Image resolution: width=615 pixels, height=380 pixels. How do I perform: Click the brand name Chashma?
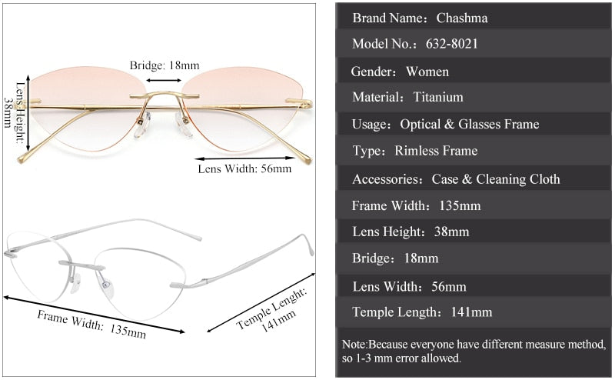pos(462,18)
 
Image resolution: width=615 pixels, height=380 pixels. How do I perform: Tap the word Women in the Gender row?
pos(427,72)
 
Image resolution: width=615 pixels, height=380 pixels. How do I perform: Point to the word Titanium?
pos(438,98)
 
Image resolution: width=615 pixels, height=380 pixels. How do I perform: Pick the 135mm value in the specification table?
pos(460,206)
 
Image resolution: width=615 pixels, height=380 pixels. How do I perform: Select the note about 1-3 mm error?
pos(474,352)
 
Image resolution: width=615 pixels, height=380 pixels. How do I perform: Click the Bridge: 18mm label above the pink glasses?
pos(165,65)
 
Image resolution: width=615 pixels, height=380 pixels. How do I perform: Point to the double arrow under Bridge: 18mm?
pos(165,79)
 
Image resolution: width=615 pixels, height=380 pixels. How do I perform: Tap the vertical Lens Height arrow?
pos(28,117)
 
